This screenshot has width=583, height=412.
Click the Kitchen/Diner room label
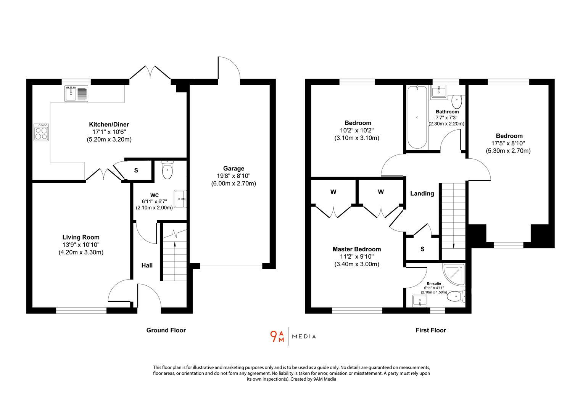(x=109, y=124)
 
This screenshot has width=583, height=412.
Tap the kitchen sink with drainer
(x=76, y=94)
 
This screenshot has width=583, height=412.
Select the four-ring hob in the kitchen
(x=41, y=132)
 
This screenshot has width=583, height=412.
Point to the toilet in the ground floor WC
(x=167, y=170)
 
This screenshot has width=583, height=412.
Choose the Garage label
(x=234, y=168)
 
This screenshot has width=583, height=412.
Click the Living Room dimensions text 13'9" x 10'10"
(x=81, y=245)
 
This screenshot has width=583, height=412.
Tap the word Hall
(x=147, y=265)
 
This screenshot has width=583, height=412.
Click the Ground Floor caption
(x=166, y=330)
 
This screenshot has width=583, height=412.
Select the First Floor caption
(x=430, y=330)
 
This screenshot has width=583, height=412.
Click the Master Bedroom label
(x=356, y=249)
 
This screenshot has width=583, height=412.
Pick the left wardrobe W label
(x=333, y=192)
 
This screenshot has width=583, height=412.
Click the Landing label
(x=422, y=193)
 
